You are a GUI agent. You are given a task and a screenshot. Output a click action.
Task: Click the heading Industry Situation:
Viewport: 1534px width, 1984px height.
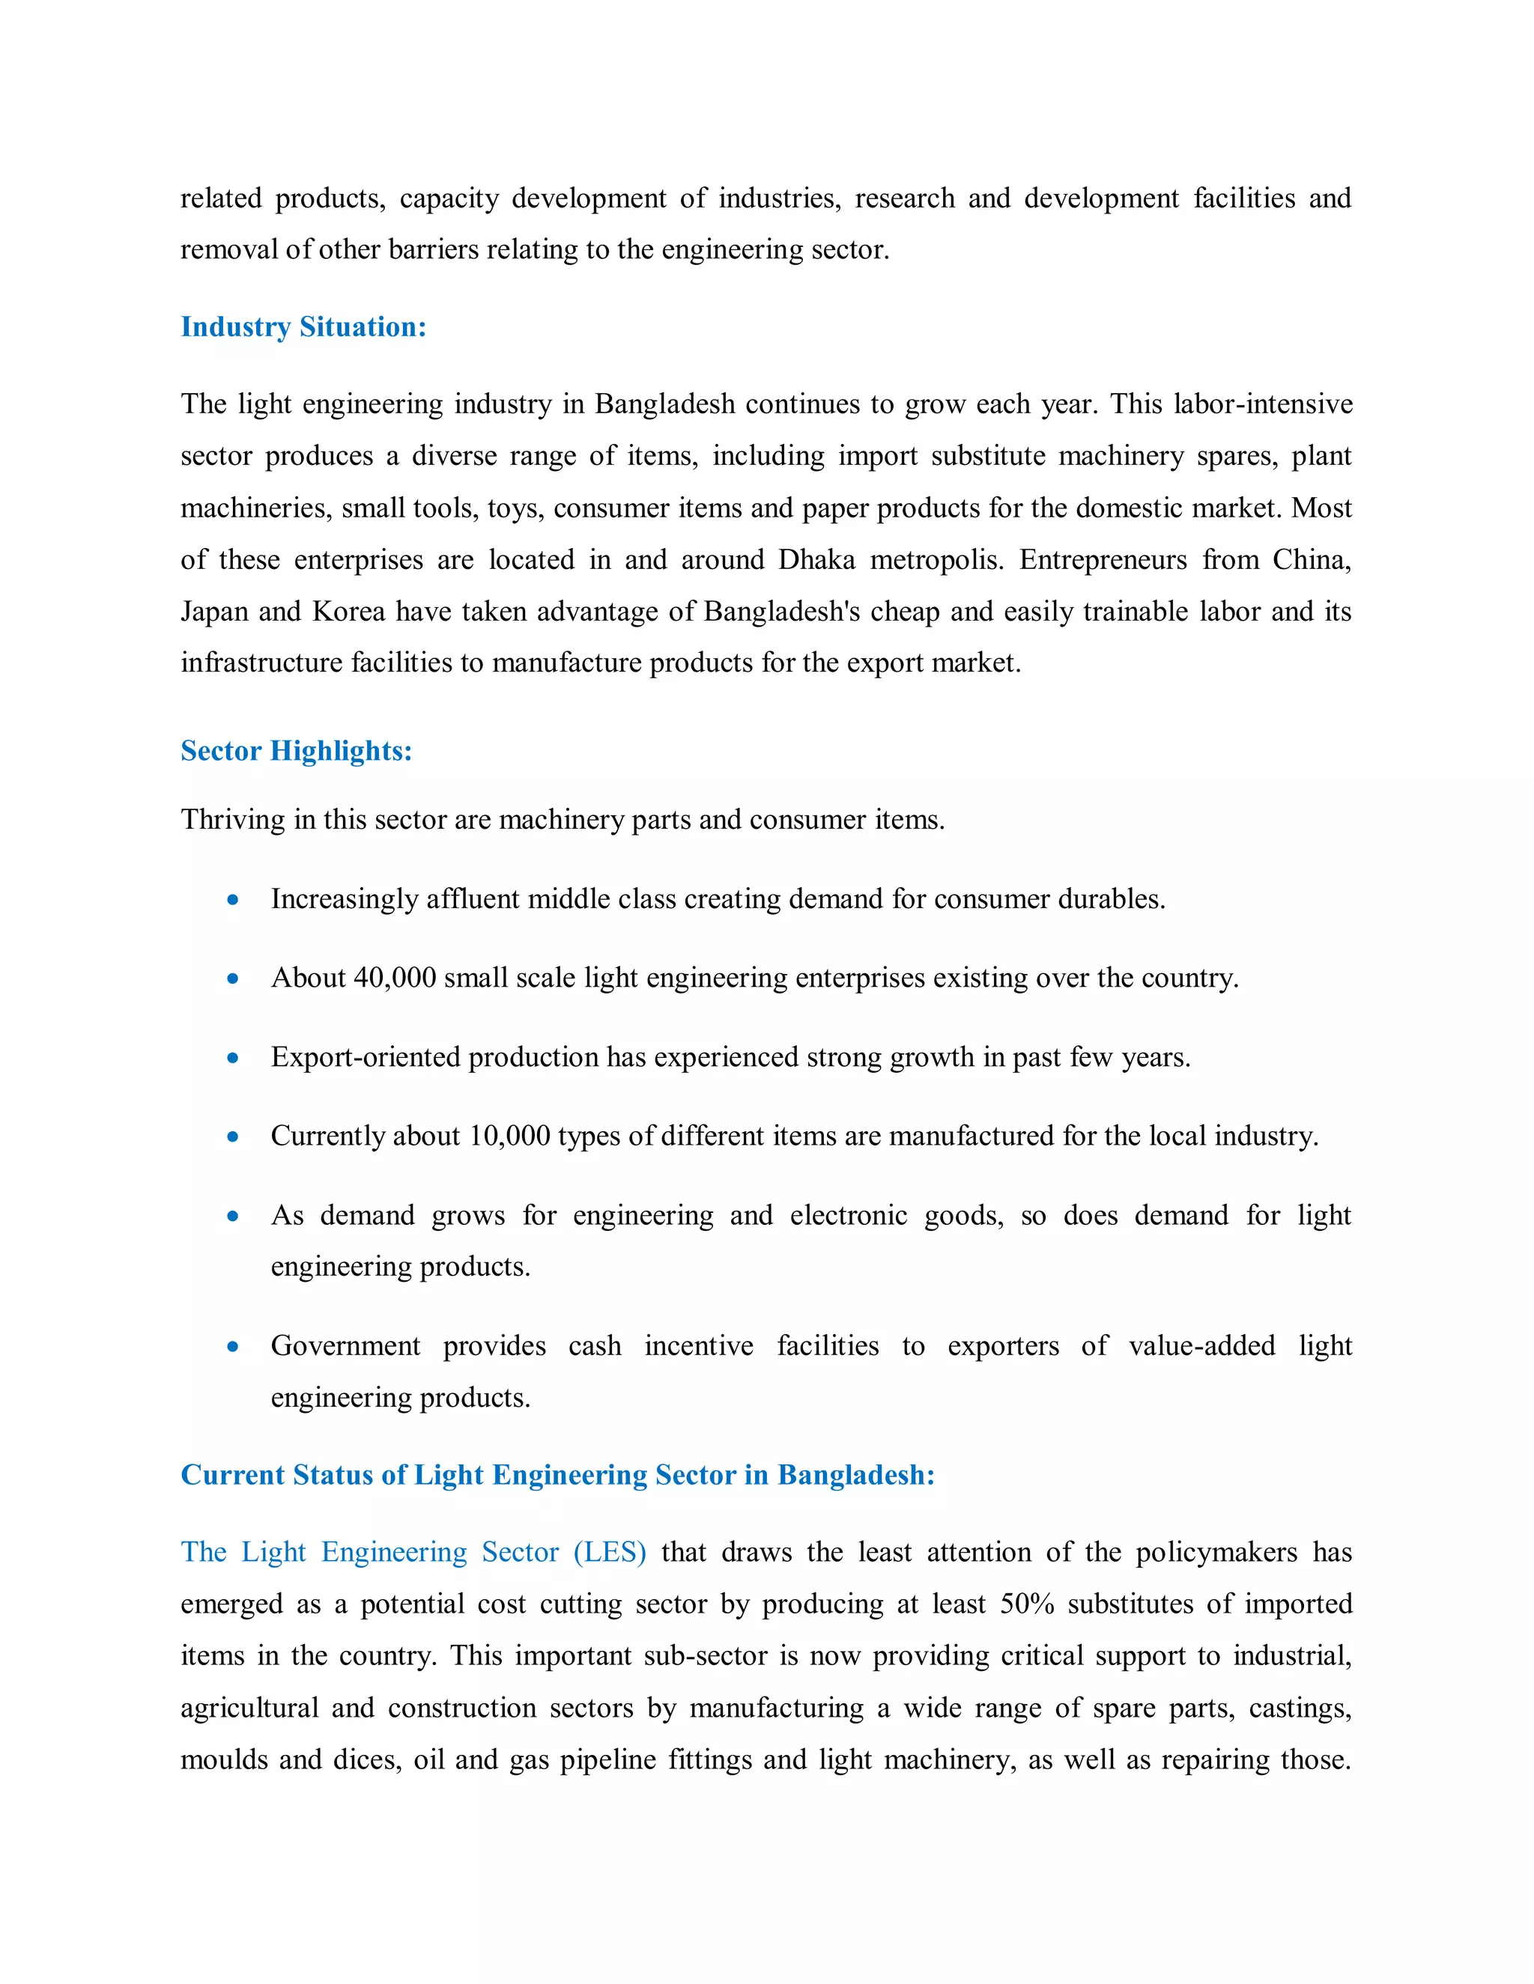[303, 327]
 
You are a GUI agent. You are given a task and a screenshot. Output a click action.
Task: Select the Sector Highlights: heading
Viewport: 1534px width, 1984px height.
[297, 750]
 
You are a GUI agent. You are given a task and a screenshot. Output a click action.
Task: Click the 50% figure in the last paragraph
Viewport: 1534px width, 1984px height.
[1027, 1604]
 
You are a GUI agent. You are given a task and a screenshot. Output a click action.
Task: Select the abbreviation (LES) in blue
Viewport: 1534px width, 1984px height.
[610, 1553]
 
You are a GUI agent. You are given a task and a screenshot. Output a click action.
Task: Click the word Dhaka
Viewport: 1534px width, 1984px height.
[816, 559]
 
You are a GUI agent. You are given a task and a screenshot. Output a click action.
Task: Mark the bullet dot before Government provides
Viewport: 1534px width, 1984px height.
[234, 1347]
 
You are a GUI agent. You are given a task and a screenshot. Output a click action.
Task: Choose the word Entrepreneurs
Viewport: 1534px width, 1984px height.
[1103, 559]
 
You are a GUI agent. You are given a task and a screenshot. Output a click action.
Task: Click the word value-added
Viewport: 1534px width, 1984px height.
[1201, 1346]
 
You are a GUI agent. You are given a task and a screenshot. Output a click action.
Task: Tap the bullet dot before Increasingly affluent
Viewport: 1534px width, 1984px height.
[234, 900]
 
